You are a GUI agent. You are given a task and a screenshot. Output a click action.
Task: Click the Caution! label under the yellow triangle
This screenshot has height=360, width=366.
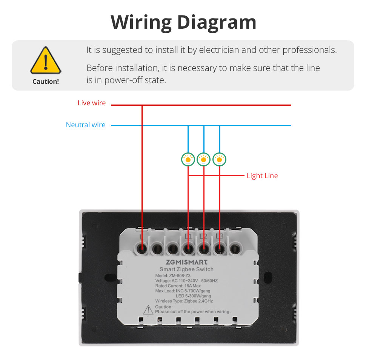click(46, 81)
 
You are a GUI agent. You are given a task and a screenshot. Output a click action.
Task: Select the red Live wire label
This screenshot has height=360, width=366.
click(92, 103)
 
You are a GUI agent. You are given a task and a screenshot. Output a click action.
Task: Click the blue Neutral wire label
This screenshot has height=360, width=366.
click(86, 125)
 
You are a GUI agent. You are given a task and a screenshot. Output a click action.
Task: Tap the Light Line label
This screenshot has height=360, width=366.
click(262, 176)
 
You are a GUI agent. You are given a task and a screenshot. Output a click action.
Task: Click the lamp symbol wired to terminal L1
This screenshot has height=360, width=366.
click(188, 160)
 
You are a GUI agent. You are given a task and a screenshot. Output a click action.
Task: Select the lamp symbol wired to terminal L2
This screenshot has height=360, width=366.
click(204, 160)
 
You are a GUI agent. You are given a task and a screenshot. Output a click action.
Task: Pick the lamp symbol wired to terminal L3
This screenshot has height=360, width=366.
click(220, 160)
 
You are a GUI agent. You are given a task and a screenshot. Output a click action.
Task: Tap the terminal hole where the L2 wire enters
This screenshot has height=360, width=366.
click(204, 249)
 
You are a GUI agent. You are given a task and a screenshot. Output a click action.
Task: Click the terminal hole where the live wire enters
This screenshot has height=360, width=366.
click(142, 249)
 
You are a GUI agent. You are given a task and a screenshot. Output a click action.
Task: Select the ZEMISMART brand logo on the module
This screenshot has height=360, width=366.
click(186, 262)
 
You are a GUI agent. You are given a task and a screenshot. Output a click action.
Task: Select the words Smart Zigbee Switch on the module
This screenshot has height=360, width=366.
click(186, 269)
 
